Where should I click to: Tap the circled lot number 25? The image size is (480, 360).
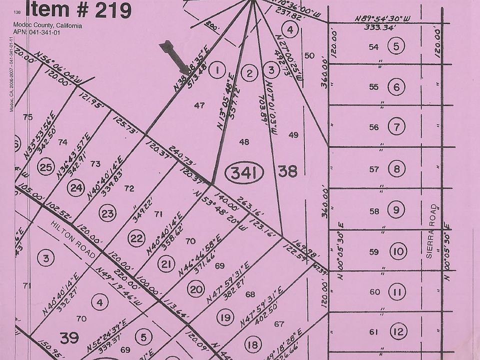tap(46, 167)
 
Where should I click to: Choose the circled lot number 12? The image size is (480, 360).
tap(398, 332)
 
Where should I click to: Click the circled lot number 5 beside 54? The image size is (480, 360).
tap(396, 47)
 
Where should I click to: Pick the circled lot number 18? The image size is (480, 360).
tap(254, 344)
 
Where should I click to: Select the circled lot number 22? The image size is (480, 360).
tap(136, 238)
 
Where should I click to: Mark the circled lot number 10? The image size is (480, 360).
tap(398, 251)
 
